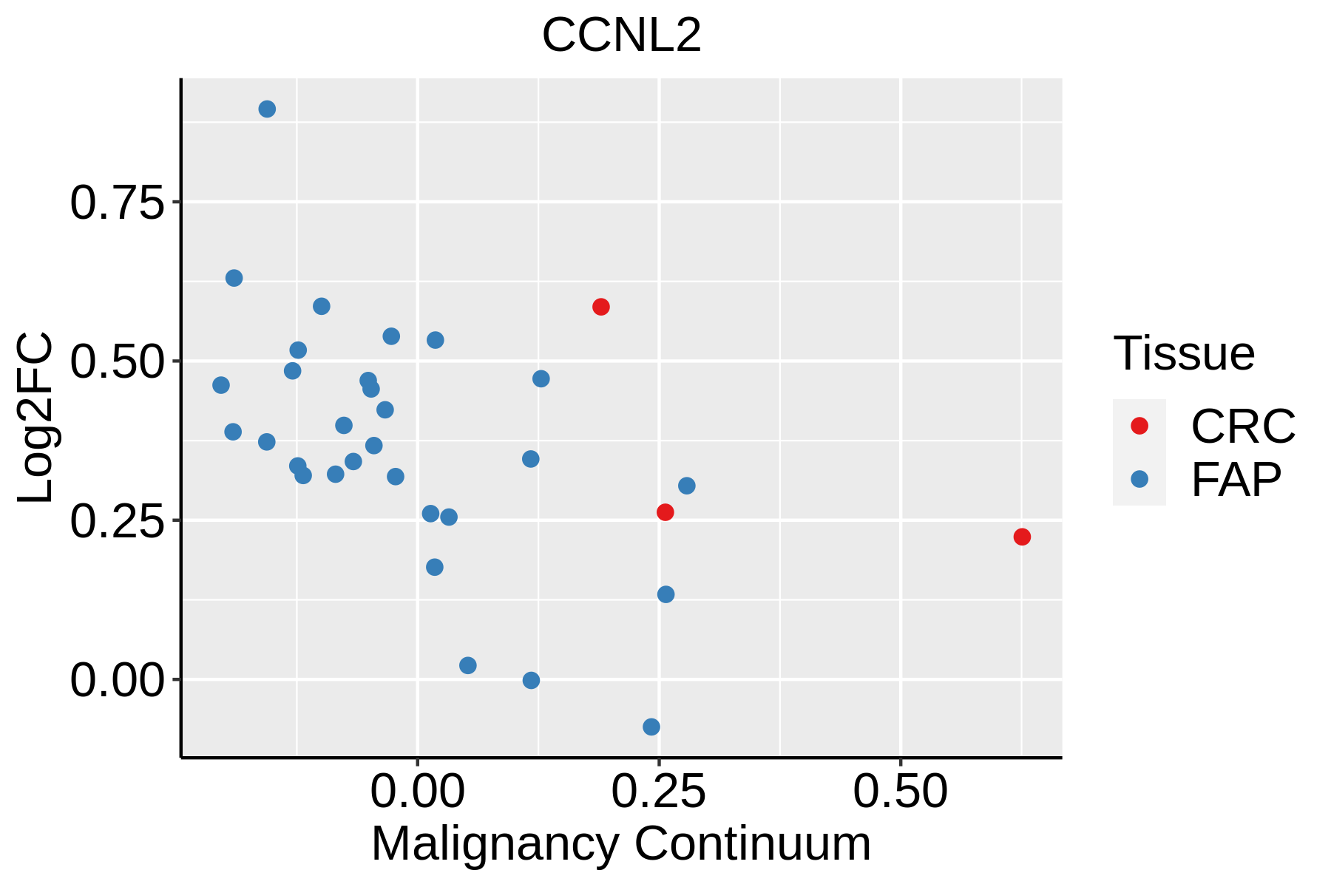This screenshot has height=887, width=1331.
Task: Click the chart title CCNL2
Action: (621, 35)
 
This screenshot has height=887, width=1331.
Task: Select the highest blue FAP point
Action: (267, 109)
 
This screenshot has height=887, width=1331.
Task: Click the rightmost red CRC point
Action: (1022, 537)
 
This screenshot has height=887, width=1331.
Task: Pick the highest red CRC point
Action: (601, 307)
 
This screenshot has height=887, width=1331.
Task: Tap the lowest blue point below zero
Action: (651, 727)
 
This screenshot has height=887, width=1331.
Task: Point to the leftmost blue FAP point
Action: (221, 385)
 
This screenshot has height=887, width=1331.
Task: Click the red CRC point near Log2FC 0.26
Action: (665, 512)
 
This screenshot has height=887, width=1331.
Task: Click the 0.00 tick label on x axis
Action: (418, 792)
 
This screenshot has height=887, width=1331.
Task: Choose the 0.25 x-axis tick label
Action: (659, 792)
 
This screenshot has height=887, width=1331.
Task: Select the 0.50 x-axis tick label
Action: (900, 792)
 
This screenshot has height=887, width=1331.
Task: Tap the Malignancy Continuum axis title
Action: (621, 843)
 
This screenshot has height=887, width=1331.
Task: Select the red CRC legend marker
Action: (1139, 425)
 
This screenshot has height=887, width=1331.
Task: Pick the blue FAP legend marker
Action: (1139, 479)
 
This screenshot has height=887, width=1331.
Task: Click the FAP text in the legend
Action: (1236, 480)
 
